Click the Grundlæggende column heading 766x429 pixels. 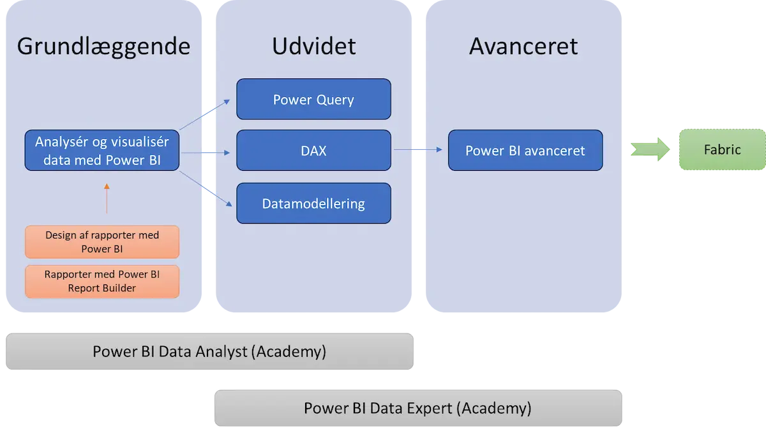click(103, 47)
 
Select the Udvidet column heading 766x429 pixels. click(313, 47)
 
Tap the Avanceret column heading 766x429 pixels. click(523, 47)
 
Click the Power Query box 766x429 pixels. click(313, 99)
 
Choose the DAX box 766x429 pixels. click(313, 150)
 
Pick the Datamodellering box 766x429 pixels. click(313, 204)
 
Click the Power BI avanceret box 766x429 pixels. click(525, 150)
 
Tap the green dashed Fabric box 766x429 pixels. click(722, 150)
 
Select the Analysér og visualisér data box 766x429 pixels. click(102, 150)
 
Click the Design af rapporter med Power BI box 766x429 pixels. click(102, 242)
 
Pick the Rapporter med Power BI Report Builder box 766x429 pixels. click(102, 282)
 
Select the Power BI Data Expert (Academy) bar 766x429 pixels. click(417, 408)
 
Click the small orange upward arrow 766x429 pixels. click(107, 198)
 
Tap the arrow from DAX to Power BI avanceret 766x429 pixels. click(417, 150)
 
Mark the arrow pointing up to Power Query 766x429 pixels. click(206, 115)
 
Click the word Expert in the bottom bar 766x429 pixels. click(430, 408)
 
